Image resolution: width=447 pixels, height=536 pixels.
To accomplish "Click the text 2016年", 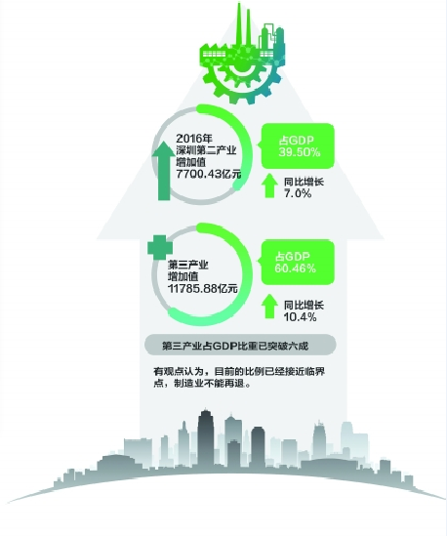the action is pos(194,139).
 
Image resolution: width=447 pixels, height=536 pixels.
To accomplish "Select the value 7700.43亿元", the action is pos(209,174).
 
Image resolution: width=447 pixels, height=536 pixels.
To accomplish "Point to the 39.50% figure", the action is pos(300,152).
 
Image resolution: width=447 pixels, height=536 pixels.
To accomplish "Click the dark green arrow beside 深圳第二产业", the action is pos(164,171).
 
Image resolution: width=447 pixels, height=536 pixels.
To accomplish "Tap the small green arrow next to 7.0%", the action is pos(269,186).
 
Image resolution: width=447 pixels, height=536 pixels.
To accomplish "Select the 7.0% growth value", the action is pos(298,193).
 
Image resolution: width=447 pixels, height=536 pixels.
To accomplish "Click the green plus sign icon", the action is pos(160,247).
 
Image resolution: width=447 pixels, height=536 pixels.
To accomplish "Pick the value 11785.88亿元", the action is pos(203,289).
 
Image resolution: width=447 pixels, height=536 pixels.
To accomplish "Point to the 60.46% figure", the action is pos(296,268).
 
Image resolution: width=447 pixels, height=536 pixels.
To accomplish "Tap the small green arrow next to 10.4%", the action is pos(269,307).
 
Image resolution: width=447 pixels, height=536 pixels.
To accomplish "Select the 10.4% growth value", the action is pos(300,317).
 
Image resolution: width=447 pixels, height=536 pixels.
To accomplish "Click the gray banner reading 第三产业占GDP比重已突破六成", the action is pos(240,346).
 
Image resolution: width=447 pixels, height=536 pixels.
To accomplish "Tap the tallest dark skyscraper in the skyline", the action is pos(205,437).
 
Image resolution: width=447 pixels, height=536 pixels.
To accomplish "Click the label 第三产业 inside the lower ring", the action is pos(188,265).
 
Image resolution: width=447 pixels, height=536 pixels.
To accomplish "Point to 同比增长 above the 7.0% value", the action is pos(304,182).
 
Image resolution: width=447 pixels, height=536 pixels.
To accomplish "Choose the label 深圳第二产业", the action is pos(206,150).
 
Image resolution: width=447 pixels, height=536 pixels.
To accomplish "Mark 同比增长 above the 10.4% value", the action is pos(304,305).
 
